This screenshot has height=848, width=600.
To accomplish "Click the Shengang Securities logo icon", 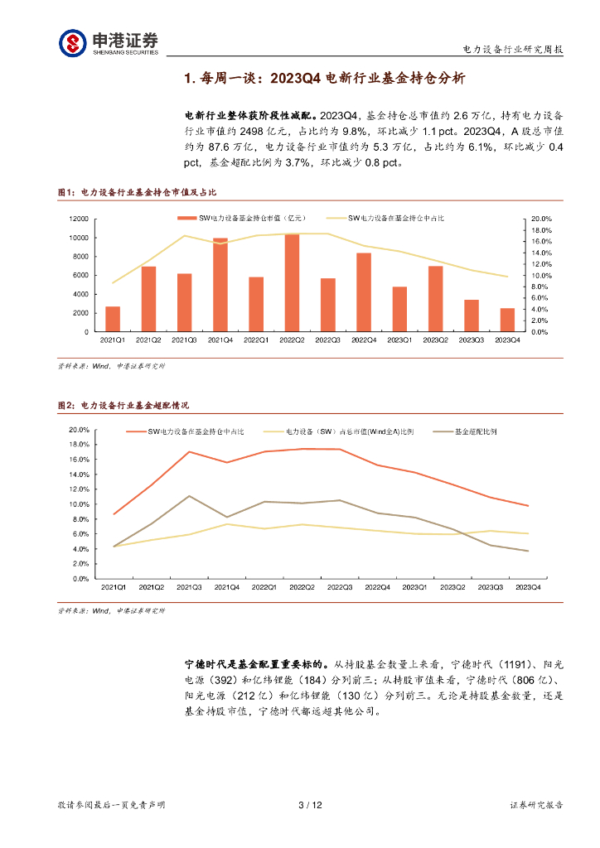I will (72, 42).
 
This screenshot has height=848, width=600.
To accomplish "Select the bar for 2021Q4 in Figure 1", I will (220, 285).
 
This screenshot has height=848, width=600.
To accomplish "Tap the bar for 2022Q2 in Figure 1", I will (292, 282).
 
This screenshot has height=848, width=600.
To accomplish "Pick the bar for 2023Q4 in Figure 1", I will (507, 320).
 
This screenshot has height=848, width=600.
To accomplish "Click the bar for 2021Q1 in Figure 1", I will (113, 319).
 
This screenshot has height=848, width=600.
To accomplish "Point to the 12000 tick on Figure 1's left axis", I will (80, 219).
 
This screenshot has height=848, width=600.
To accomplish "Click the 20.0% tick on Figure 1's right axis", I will (540, 219).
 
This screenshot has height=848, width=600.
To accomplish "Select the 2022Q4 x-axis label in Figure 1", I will (364, 340).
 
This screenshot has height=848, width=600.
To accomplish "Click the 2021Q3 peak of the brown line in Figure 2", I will (190, 496).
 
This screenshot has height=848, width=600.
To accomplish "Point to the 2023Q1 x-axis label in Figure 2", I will (415, 587).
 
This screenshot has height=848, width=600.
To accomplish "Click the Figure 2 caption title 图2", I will (65, 405).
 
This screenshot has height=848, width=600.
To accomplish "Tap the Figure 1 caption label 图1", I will (65, 192).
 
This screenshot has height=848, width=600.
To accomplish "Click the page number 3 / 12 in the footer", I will (309, 805).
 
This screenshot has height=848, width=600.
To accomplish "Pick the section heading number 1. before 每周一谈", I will (190, 79).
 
